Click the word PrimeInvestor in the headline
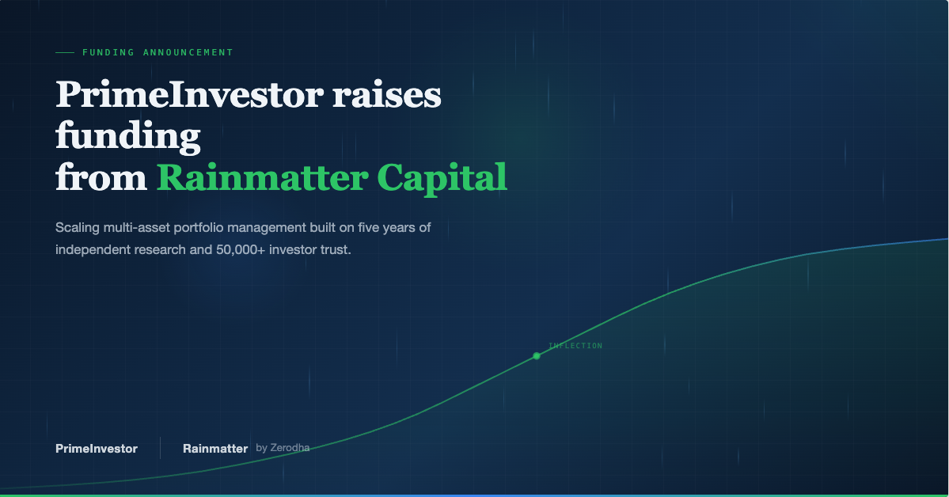[189, 95]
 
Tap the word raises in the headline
[387, 95]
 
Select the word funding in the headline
[127, 136]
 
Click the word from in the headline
[101, 177]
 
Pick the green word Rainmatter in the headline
[262, 177]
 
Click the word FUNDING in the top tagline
[108, 53]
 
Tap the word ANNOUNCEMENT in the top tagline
[188, 53]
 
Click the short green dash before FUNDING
[65, 53]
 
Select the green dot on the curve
[536, 356]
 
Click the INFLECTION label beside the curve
[575, 346]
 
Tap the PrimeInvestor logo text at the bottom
[97, 449]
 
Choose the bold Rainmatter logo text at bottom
[215, 449]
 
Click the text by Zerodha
[283, 448]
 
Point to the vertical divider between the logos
[161, 448]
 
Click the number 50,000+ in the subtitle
[241, 249]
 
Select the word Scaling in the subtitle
[78, 228]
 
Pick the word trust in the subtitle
[336, 249]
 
